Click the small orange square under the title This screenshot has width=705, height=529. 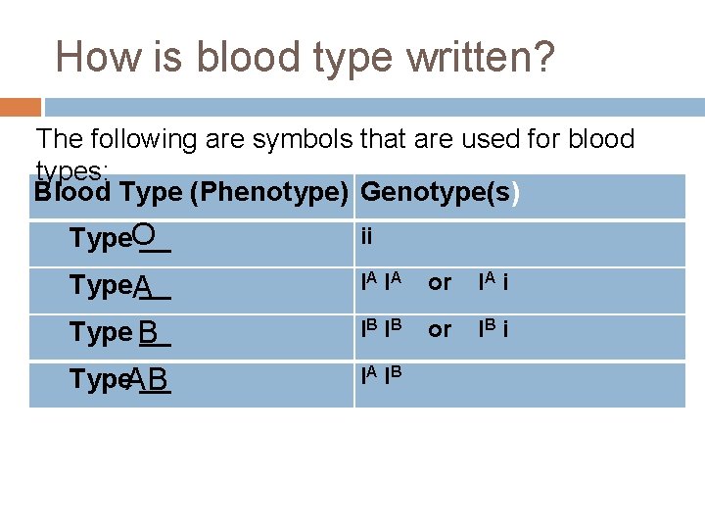pyautogui.click(x=21, y=107)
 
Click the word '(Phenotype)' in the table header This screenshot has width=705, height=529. pyautogui.click(x=270, y=192)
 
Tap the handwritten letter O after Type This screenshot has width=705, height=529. pyautogui.click(x=144, y=234)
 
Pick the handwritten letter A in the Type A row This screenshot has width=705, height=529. pyautogui.click(x=144, y=286)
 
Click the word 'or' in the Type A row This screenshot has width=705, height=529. pyautogui.click(x=440, y=283)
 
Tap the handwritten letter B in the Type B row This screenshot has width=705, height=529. pyautogui.click(x=148, y=334)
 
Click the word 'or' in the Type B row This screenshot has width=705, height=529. pyautogui.click(x=440, y=330)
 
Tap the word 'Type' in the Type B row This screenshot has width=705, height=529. pyautogui.click(x=101, y=333)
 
